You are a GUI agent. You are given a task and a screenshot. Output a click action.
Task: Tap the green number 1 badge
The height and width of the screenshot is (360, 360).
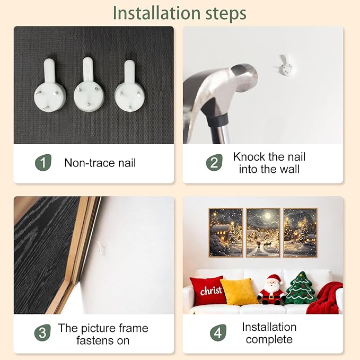43,163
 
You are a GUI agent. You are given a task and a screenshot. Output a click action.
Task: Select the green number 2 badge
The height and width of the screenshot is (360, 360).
214,163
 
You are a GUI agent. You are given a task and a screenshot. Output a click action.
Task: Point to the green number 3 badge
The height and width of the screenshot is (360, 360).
42,332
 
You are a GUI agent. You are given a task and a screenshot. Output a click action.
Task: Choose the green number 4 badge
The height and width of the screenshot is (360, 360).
218,332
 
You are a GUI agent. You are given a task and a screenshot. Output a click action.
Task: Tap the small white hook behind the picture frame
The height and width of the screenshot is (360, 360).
101,248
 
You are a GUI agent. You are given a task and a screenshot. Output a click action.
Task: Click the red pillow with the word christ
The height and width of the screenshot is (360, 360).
208,291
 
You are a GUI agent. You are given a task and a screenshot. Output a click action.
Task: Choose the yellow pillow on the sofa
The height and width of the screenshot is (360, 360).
239,292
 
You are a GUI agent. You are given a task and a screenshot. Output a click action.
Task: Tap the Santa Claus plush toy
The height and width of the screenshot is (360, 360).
271,289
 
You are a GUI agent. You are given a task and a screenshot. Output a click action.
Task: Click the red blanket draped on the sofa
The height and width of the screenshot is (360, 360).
326,298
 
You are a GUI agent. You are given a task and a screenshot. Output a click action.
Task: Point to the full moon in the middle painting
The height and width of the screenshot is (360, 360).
267,216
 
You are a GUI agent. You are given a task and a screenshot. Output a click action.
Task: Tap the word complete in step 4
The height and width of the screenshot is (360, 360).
269,339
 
